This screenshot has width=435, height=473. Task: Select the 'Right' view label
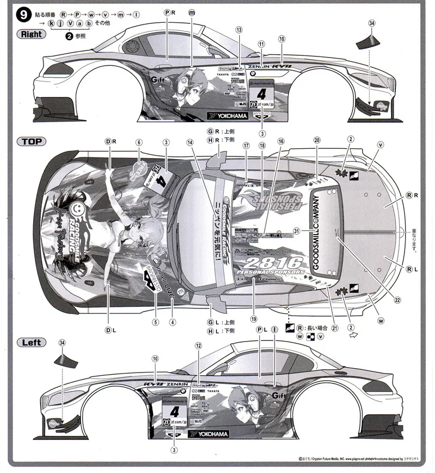(x=32, y=34)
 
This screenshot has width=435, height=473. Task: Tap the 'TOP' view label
(x=32, y=142)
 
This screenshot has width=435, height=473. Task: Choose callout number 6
(x=139, y=143)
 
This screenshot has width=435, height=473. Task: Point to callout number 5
(x=156, y=321)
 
